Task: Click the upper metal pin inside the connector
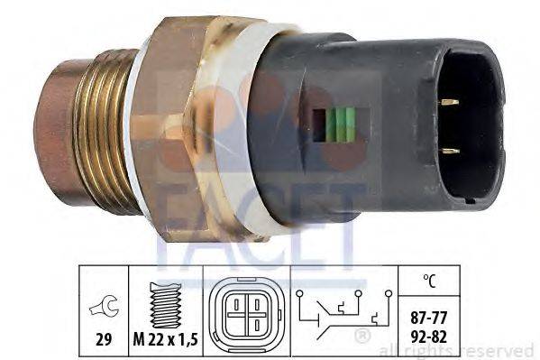click(450, 102)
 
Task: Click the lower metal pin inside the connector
click(451, 151)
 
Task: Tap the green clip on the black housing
click(341, 125)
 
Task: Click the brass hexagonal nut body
click(179, 128)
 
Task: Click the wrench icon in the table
click(105, 305)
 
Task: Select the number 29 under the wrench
click(104, 340)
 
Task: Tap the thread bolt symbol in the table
click(166, 305)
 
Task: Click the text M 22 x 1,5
click(166, 340)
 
